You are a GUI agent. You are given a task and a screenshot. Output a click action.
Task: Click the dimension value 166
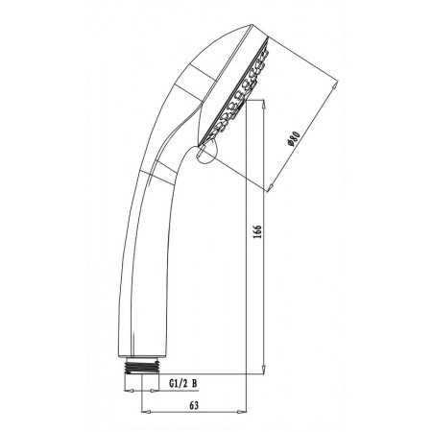point(257,231)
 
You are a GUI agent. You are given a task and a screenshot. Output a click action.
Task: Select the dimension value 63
point(194,405)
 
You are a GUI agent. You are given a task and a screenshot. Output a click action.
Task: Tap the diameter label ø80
point(294,139)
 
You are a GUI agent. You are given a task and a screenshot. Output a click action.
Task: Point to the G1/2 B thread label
point(182,383)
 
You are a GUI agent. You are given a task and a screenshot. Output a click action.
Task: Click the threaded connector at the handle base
point(143,366)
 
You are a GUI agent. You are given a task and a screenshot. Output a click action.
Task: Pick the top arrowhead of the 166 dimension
point(263,104)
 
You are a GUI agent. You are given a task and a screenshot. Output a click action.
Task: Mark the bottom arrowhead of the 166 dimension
point(263,370)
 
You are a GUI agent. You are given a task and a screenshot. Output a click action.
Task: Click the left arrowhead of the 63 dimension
point(146,412)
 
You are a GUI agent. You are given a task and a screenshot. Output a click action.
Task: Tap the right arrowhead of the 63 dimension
point(243,412)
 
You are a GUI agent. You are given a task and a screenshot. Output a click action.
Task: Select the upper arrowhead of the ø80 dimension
point(335,84)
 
